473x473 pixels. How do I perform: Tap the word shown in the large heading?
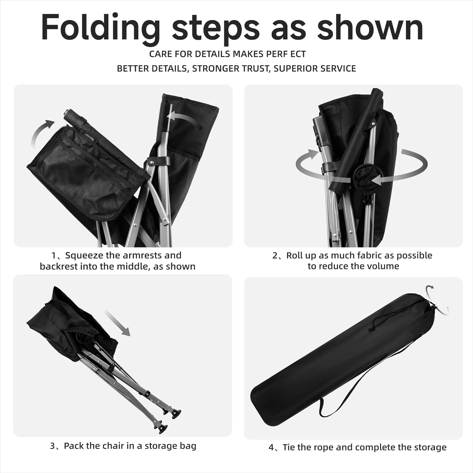tap(370, 27)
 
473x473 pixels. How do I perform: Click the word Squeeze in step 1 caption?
tap(83, 255)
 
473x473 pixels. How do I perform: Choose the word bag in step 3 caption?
tap(189, 446)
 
